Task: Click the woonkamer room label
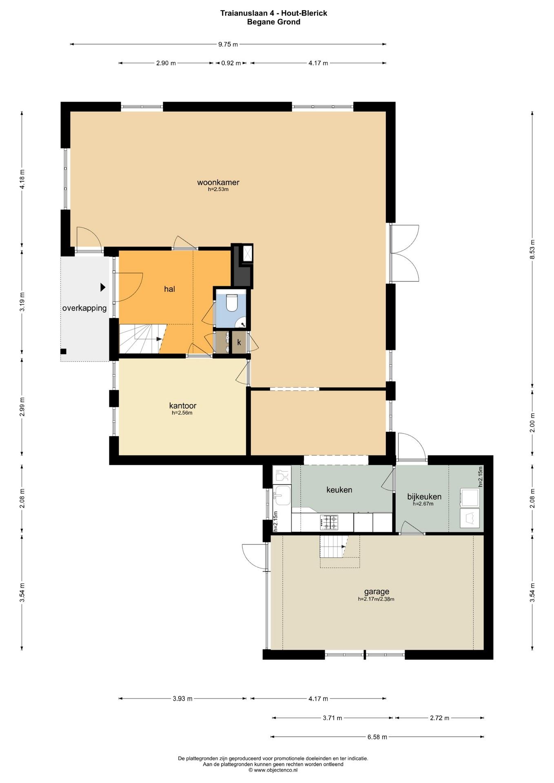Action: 218,182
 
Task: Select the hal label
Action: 169,289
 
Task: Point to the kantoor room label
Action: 183,406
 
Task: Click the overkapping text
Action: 84,308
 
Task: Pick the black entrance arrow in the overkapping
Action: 103,287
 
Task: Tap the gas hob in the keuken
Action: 329,522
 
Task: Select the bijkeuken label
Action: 424,497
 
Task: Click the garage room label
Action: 377,591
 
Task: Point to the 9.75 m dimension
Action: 228,44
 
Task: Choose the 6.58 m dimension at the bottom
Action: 377,737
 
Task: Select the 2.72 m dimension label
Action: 439,718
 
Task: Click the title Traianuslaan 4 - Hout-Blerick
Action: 274,13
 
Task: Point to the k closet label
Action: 239,343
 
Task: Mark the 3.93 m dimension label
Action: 182,699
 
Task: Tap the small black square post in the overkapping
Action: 63,352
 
